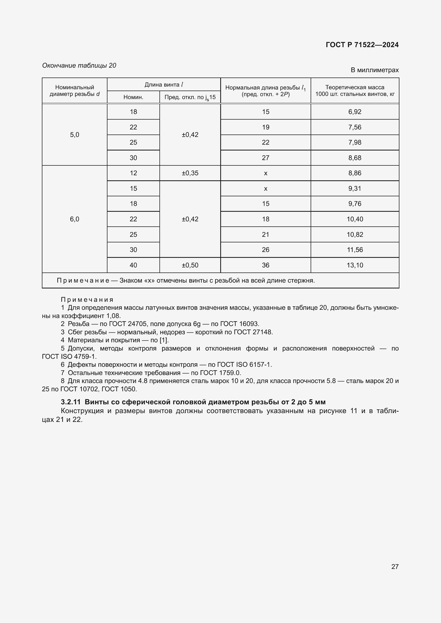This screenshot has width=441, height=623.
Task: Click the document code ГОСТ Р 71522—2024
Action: click(362, 45)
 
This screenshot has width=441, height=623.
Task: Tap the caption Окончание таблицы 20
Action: click(79, 66)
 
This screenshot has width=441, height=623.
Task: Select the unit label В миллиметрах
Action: click(374, 70)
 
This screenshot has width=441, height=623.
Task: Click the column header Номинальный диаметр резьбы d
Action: click(74, 91)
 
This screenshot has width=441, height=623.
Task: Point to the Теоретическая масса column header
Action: click(355, 91)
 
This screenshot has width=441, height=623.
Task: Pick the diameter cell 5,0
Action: click(74, 135)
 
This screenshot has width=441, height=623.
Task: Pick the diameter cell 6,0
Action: click(74, 219)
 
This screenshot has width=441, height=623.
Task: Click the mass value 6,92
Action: click(355, 112)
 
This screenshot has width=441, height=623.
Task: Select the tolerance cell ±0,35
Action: click(190, 173)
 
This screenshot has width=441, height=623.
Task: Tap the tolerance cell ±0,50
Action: click(190, 265)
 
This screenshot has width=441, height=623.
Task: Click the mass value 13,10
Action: click(355, 265)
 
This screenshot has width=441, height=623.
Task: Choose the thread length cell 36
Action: click(265, 265)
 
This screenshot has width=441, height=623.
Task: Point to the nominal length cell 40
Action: click(133, 265)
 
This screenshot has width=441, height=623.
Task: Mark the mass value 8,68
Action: click(355, 158)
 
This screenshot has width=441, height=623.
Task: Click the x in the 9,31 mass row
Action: click(265, 189)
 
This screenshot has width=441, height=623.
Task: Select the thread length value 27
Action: click(265, 158)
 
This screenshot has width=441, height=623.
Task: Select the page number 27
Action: click(395, 567)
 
